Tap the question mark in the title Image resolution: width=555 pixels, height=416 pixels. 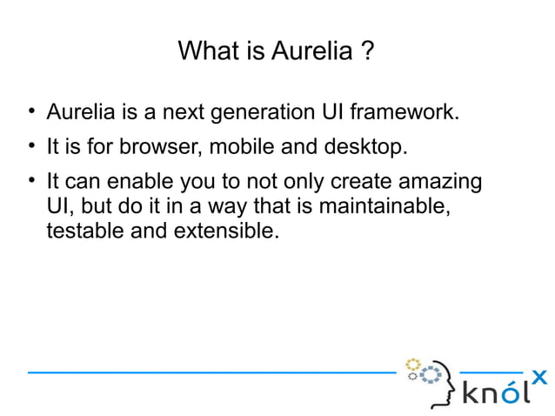coord(369,52)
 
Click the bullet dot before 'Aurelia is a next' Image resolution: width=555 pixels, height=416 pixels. coord(30,111)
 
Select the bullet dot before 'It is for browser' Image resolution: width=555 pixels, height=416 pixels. coord(30,145)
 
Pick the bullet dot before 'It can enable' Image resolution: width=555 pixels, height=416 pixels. coord(30,182)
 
